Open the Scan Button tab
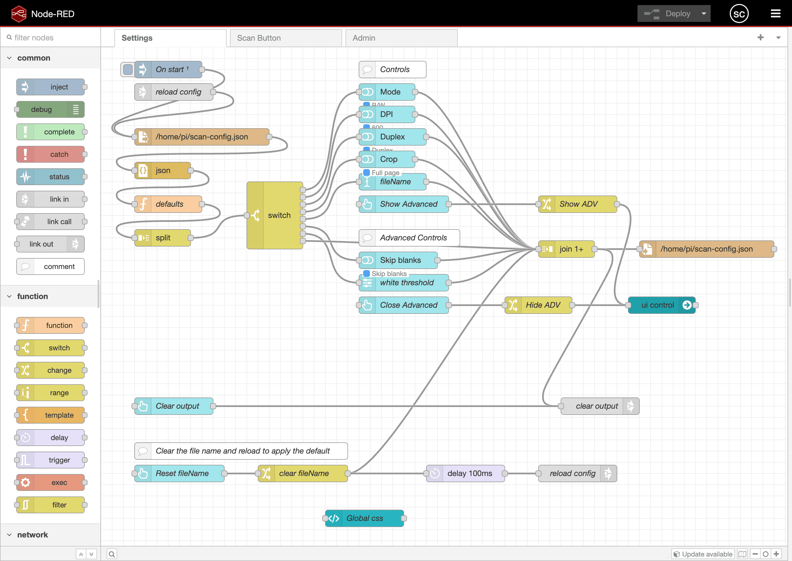286,38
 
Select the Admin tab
401,38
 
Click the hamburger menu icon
775,14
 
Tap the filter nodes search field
52,38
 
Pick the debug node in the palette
50,109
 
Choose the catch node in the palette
50,154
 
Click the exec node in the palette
50,482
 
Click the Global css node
364,518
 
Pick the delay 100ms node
469,473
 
